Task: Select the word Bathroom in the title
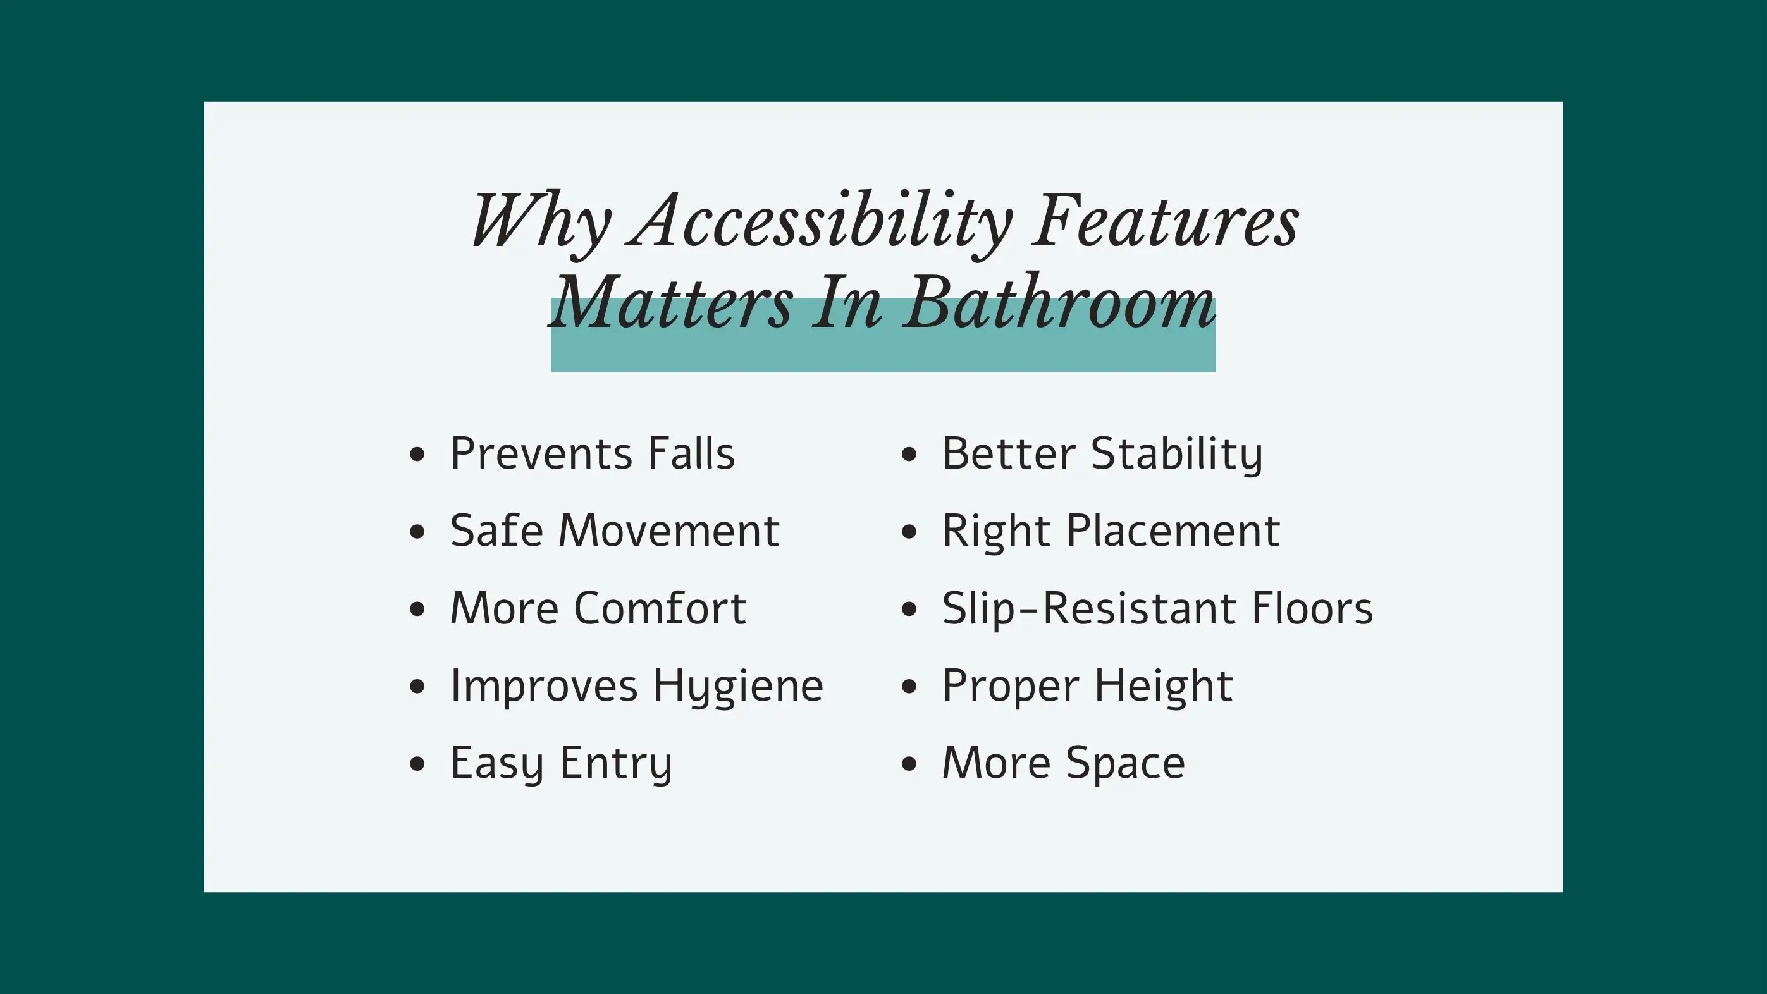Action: [x=1059, y=302]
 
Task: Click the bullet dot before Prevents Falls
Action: [x=417, y=454]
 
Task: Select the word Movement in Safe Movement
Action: [x=669, y=531]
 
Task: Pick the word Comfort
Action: [x=660, y=608]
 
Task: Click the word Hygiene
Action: [x=738, y=687]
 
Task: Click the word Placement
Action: [x=1173, y=531]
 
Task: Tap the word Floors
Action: [x=1312, y=608]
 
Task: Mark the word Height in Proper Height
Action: [x=1164, y=687]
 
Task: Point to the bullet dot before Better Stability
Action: [x=909, y=454]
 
